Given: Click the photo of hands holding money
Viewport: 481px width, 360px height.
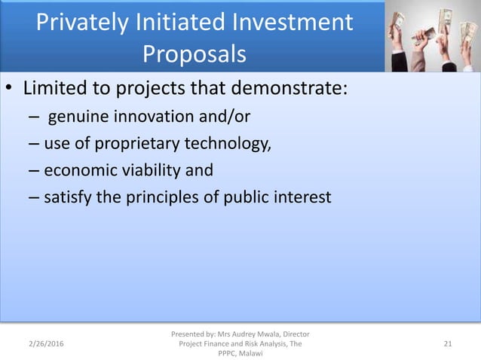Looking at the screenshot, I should point(433,35).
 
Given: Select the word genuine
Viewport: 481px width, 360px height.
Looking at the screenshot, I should point(79,117).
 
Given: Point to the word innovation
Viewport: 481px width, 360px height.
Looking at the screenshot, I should point(158,117).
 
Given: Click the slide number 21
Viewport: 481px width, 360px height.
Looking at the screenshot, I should point(448,344).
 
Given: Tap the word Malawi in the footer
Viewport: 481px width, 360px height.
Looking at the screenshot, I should point(252,354).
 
